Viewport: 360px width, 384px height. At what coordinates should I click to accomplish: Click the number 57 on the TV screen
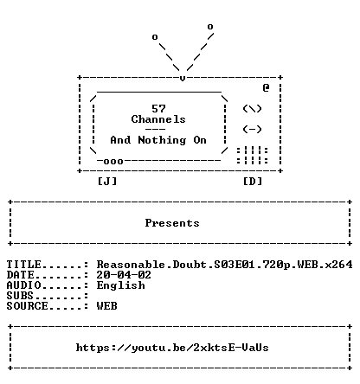coord(158,109)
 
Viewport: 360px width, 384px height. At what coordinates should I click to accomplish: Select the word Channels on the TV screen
coord(158,119)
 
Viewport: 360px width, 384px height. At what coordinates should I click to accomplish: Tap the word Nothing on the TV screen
coord(162,140)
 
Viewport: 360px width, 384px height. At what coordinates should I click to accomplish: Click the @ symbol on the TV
coord(266,87)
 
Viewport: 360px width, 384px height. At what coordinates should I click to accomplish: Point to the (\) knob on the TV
coord(252,109)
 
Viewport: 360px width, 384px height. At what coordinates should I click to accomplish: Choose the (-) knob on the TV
coord(252,129)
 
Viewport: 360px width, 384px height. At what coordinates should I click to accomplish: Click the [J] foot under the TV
coord(107,182)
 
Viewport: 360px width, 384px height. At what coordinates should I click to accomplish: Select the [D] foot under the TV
coord(253,182)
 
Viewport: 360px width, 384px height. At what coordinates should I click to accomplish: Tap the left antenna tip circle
coord(155,37)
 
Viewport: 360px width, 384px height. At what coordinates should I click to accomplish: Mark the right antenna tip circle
coord(210,27)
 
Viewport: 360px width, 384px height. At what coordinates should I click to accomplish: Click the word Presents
coord(172,223)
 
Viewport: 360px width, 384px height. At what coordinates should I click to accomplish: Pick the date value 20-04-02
coord(124,275)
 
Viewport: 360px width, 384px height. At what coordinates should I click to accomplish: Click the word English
coord(121,285)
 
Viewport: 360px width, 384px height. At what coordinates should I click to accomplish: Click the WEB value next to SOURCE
coord(107,306)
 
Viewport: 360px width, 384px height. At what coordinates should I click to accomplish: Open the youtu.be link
coord(172,348)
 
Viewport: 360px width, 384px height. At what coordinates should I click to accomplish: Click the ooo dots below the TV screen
coord(113,161)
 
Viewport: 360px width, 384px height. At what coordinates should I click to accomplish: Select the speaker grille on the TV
coord(253,156)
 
